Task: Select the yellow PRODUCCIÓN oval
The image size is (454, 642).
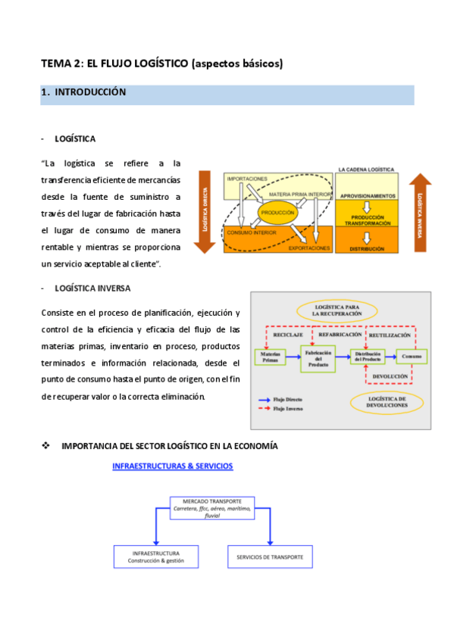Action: point(277,213)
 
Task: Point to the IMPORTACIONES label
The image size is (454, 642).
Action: point(247,179)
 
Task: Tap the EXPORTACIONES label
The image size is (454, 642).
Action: point(309,248)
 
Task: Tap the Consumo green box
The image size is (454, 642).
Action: point(412,356)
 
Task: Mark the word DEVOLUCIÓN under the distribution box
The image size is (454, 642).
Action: point(390,376)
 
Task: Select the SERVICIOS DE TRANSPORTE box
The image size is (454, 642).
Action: point(270,556)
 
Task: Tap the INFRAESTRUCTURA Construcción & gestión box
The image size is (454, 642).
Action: point(155,556)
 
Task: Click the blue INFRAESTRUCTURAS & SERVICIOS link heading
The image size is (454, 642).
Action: point(172,466)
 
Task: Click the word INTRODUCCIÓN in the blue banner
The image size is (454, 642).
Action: point(89,92)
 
